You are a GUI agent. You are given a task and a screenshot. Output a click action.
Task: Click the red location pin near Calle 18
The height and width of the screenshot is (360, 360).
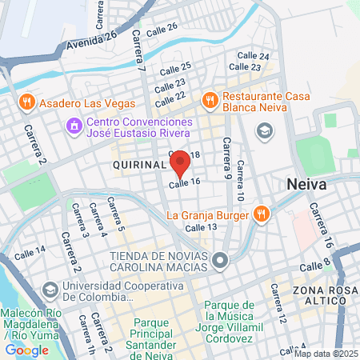click(x=180, y=163)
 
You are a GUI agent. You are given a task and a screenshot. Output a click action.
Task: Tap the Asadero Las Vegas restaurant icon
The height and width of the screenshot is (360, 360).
click(x=26, y=102)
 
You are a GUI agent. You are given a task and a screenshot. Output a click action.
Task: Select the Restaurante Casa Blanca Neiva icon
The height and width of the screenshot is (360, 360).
click(x=210, y=99)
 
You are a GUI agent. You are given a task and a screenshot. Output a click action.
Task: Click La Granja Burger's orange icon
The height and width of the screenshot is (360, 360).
click(x=261, y=214)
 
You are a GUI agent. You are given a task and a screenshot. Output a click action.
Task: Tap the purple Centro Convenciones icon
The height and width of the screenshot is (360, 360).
click(x=73, y=125)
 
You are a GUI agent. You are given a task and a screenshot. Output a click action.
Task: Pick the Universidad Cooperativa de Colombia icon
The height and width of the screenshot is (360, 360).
click(x=50, y=288)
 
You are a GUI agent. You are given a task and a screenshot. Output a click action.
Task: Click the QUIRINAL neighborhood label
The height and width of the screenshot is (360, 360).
click(x=138, y=166)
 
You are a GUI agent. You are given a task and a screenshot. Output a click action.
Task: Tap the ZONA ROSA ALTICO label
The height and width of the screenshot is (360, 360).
click(x=323, y=296)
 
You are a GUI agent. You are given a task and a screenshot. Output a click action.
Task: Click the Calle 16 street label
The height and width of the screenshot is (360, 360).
click(x=183, y=183)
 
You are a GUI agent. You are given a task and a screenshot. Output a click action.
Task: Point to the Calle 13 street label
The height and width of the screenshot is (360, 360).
click(x=201, y=227)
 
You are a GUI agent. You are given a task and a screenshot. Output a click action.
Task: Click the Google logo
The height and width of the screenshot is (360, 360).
click(x=26, y=350)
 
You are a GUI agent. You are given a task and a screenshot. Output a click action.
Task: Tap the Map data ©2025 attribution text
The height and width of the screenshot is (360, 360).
click(x=326, y=354)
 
